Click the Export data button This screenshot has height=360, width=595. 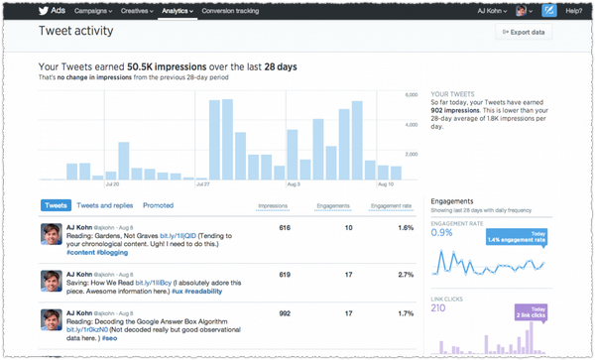[524, 32]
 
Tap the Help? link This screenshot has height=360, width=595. [574, 11]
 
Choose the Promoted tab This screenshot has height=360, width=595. [159, 205]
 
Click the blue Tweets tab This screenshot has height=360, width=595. [56, 205]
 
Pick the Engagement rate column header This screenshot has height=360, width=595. [390, 206]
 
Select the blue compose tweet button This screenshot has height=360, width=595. [548, 11]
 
